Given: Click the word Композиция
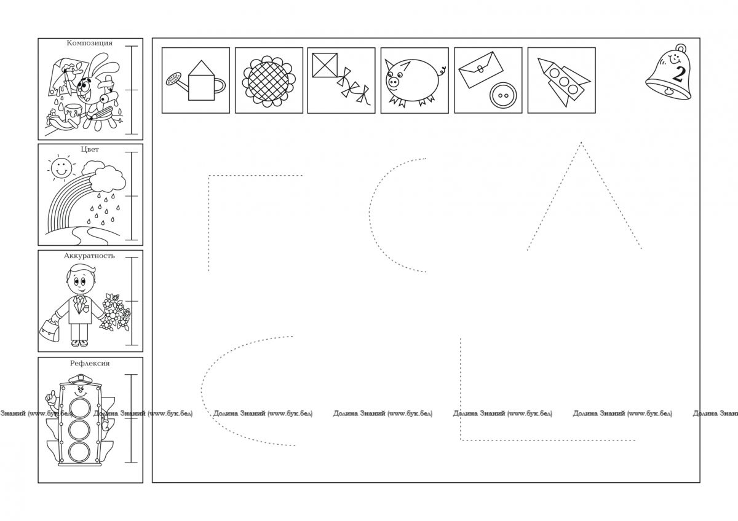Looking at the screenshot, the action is point(90,43).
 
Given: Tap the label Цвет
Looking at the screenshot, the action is point(90,149).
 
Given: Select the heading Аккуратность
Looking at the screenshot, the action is point(89,256).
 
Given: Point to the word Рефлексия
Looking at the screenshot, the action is point(90,363).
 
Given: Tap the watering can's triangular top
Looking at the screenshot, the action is point(201,68).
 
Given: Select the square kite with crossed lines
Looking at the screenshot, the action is point(325,65).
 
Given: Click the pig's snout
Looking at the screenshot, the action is point(393,81).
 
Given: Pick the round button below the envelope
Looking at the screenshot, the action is point(503,95).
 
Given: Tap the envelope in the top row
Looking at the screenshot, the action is point(481,69).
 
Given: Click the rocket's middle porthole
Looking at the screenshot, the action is point(564,81).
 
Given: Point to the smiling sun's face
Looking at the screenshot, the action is point(61,168).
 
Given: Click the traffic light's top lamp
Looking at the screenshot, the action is point(80,408).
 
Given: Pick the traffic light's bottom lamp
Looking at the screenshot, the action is point(79,452).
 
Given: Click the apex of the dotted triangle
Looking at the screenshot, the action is point(581,142).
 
